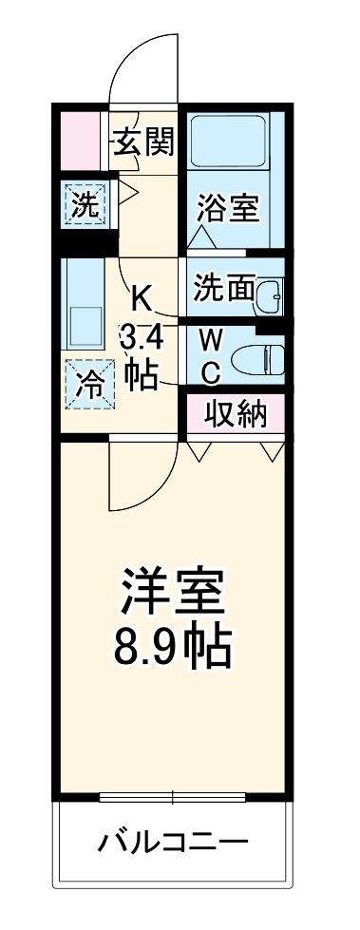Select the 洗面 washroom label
221,288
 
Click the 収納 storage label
235,414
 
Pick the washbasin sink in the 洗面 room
270,295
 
